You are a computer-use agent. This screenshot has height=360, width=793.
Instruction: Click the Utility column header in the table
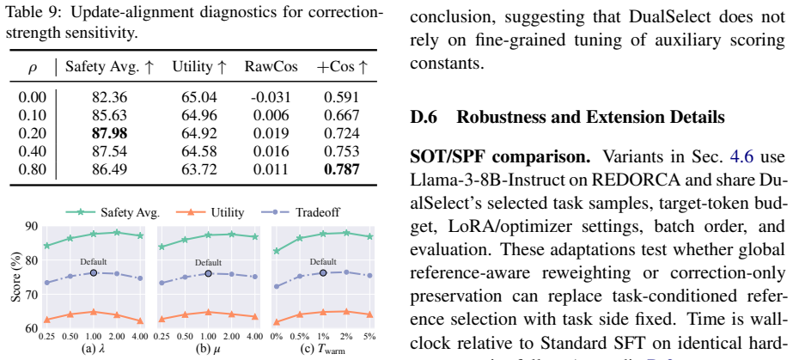tap(199, 68)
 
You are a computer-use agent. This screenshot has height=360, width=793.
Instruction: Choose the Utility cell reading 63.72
tap(199, 169)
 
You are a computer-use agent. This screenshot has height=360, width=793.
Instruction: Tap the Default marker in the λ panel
tap(94, 273)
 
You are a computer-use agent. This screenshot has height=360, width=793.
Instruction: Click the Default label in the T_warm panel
tap(323, 262)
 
